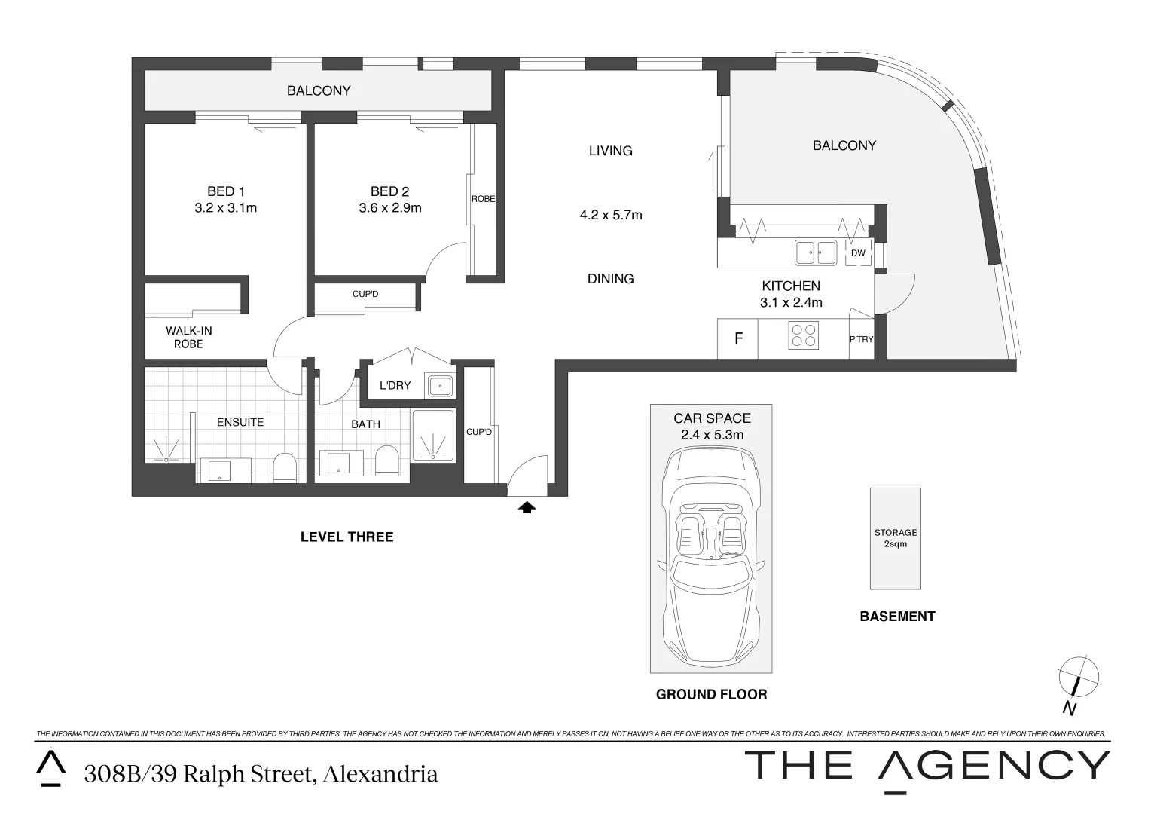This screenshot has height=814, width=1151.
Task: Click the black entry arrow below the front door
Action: click(527, 508)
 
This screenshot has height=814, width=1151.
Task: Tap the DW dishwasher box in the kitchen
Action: click(858, 253)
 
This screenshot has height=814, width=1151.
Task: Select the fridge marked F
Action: click(738, 338)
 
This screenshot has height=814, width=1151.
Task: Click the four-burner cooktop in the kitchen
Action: click(804, 335)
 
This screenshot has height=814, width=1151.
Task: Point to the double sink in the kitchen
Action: click(816, 252)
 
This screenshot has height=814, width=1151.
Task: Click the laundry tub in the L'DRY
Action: click(440, 386)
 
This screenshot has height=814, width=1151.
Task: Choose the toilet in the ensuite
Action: click(285, 467)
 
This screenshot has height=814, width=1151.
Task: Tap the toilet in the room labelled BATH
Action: click(387, 460)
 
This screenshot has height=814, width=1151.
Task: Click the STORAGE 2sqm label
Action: click(896, 538)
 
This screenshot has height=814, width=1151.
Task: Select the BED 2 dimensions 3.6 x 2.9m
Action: click(390, 208)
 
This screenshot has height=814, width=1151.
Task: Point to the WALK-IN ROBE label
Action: click(188, 338)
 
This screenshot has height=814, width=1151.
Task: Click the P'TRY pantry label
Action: click(861, 339)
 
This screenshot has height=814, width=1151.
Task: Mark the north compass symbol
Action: click(1078, 684)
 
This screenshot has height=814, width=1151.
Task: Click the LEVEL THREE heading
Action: click(347, 537)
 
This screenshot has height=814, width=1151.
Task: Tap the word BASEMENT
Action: click(898, 616)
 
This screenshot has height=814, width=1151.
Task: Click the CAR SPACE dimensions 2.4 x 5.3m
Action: click(712, 435)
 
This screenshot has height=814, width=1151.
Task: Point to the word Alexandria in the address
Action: click(380, 773)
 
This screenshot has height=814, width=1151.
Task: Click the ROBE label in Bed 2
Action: click(483, 199)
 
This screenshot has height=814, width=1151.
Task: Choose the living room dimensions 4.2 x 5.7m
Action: click(611, 215)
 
